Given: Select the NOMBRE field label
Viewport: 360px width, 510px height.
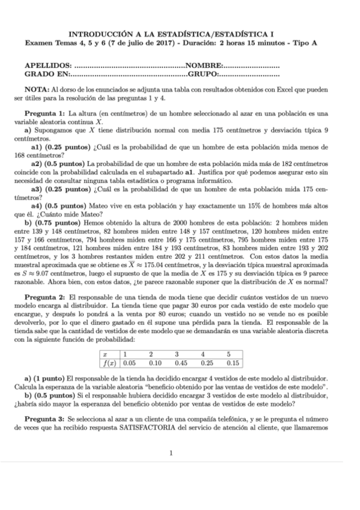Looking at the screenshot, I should click(x=206, y=64).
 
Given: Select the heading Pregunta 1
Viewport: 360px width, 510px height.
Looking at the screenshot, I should click(x=44, y=113).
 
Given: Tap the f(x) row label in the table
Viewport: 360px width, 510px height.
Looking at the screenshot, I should click(x=109, y=363).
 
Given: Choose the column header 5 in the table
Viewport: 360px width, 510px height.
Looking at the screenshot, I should click(x=229, y=354).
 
